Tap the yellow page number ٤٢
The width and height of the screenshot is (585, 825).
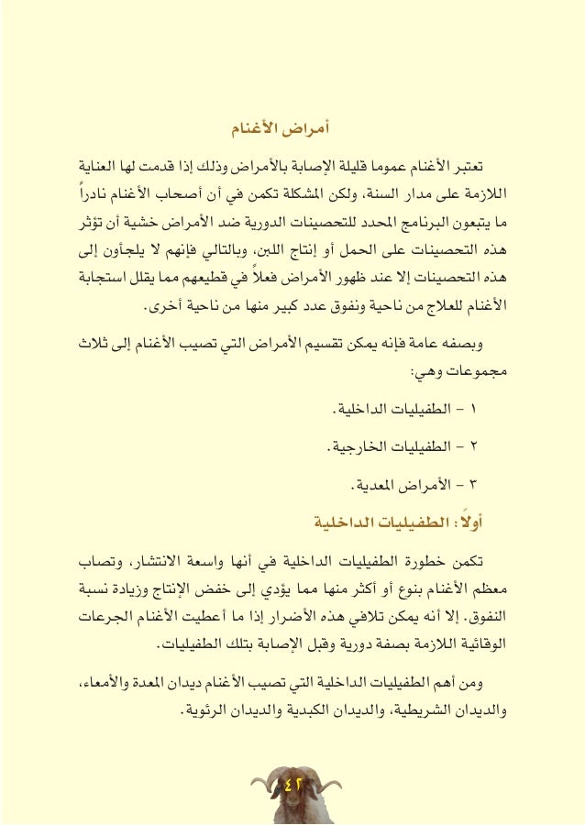(292, 783)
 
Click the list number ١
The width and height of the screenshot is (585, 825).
(485, 410)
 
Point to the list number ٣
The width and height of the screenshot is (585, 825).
(485, 482)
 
